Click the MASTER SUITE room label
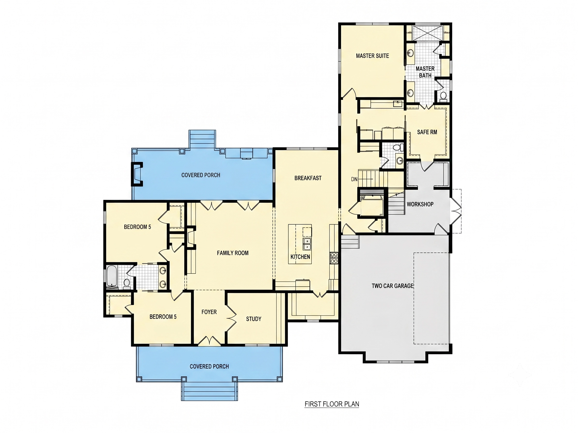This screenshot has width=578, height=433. (372, 56)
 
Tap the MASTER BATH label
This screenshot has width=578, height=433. (425, 72)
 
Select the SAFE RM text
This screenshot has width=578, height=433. (427, 132)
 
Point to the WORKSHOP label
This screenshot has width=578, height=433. (420, 204)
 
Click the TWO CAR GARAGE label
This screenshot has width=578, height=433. (393, 286)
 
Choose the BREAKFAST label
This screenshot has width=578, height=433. (308, 178)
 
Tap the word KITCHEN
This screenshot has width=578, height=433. (300, 257)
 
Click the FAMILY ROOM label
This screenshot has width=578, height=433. (233, 253)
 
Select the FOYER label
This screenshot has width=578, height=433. (209, 312)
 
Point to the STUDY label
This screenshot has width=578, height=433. (253, 319)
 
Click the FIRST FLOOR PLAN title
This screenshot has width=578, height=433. (332, 404)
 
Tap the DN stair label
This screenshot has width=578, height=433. (354, 179)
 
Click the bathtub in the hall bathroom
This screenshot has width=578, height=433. (112, 276)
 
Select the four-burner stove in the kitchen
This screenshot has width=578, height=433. (334, 258)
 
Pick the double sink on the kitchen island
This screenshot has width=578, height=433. (307, 244)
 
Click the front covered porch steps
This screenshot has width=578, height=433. (209, 391)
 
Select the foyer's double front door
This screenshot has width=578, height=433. (209, 341)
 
